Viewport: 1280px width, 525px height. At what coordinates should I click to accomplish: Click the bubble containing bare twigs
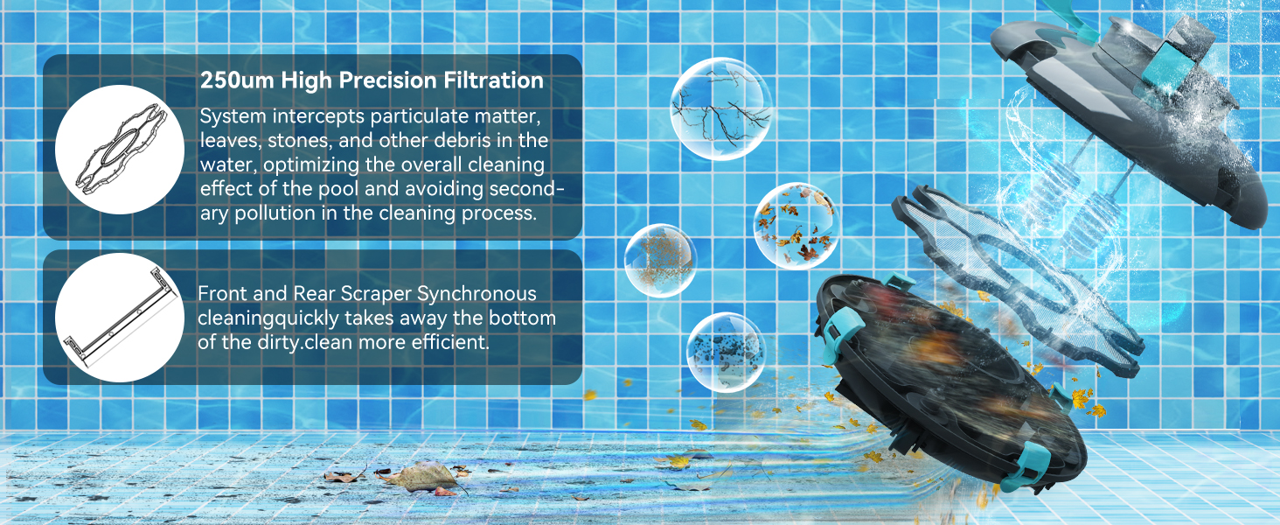(x=720, y=108)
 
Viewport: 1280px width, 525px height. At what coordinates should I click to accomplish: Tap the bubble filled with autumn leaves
(x=797, y=227)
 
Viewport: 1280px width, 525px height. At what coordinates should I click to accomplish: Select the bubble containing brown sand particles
(x=661, y=260)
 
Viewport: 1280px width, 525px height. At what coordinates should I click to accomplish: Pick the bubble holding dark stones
(x=726, y=352)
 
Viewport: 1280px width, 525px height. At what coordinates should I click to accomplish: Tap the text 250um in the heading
(x=237, y=80)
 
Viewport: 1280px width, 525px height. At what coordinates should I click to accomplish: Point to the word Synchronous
(x=477, y=294)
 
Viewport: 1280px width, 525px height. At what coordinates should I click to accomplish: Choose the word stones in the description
(x=300, y=141)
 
